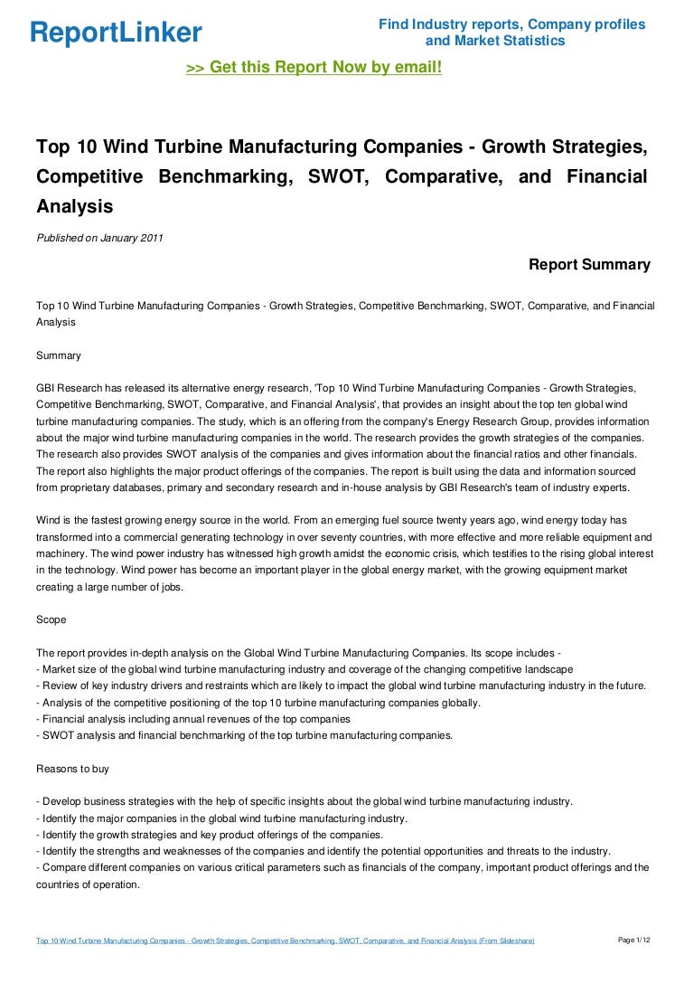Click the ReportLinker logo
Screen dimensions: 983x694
116,33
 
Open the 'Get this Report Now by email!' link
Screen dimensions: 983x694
314,67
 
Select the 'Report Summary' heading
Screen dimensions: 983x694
589,265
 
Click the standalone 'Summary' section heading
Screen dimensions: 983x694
59,355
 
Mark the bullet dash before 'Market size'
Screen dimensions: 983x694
38,670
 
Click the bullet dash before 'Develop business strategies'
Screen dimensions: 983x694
38,801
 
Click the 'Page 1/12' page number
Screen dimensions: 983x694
634,940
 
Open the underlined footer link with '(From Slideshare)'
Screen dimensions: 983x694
285,941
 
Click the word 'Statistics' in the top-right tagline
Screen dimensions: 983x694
532,41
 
